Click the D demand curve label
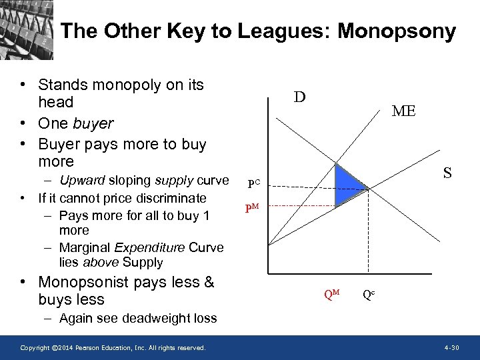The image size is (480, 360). pos(300,97)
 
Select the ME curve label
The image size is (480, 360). pos(403,111)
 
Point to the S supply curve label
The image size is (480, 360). pos(447,173)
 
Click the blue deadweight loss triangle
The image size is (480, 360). pos(348,183)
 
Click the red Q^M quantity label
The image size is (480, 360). pos(331,294)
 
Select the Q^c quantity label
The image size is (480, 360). pos(368,294)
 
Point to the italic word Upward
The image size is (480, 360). pos(83,180)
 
